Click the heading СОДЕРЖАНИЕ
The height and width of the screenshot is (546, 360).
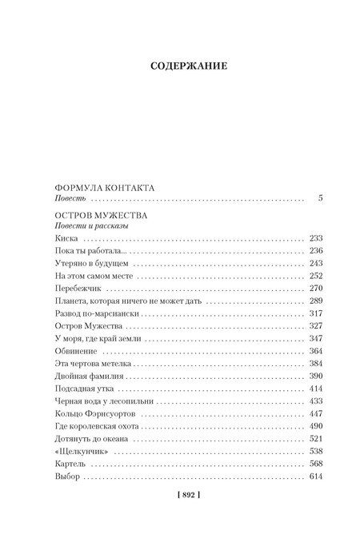click(180, 66)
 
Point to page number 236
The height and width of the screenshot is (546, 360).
click(314, 250)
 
